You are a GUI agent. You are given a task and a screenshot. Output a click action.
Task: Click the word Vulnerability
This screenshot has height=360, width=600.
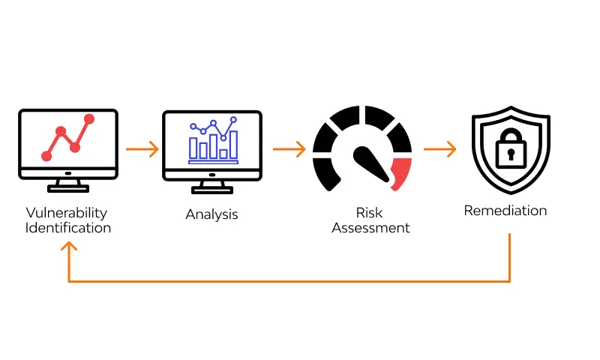(67, 213)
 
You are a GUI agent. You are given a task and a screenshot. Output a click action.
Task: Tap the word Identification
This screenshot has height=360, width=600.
(67, 227)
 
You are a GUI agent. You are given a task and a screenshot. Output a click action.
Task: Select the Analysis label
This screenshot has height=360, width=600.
(211, 214)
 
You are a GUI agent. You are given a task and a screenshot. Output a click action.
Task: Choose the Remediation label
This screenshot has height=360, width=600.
(505, 210)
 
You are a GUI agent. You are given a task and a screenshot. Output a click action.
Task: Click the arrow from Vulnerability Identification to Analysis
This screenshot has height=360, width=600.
(142, 148)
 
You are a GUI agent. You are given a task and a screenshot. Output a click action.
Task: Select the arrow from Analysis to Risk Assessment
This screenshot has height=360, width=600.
(289, 148)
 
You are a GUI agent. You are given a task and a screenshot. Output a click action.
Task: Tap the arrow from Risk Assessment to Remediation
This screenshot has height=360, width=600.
(439, 148)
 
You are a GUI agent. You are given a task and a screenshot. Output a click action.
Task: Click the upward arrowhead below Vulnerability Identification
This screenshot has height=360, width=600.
(69, 248)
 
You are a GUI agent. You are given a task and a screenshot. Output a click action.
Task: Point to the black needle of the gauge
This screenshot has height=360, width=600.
(370, 160)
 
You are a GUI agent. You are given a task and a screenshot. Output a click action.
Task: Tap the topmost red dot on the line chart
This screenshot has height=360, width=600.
(90, 118)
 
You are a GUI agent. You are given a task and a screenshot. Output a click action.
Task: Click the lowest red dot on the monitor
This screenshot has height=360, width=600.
(46, 156)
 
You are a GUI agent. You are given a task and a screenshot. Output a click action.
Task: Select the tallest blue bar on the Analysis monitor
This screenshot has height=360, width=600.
(233, 144)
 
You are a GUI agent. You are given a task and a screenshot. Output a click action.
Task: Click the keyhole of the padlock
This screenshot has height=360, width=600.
(510, 155)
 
